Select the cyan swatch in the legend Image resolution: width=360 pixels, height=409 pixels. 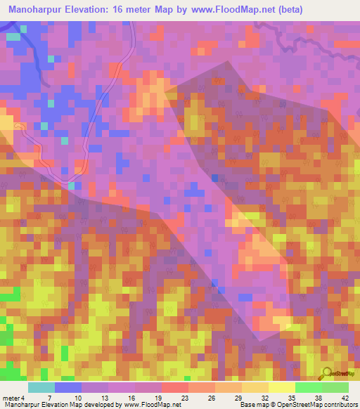click(x=41, y=387)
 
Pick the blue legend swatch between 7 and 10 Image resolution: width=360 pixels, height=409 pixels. click(x=68, y=387)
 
